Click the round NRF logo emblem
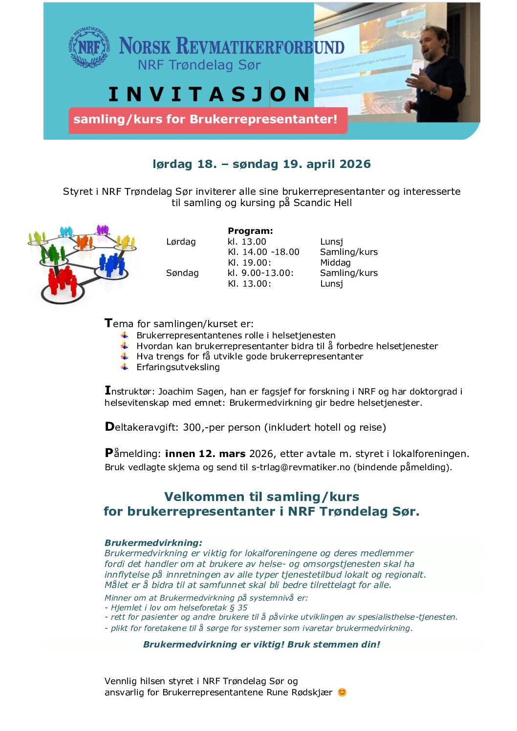tap(89, 47)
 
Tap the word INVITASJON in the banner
tap(209, 94)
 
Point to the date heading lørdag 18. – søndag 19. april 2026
tap(261, 164)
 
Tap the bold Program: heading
tap(250, 231)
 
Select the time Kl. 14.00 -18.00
tap(263, 252)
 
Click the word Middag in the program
tap(335, 263)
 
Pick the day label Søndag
tap(182, 273)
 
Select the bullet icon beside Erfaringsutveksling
tap(125, 367)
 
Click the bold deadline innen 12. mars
tap(205, 454)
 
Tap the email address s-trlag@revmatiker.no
tap(301, 467)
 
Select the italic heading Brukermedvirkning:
tap(153, 543)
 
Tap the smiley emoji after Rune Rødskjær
tap(342, 692)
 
